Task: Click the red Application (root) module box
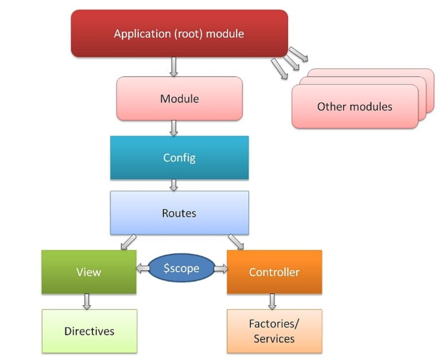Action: click(x=179, y=34)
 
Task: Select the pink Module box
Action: click(x=179, y=98)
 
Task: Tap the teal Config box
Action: click(x=179, y=158)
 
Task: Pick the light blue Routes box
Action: click(x=179, y=213)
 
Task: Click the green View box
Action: click(x=89, y=272)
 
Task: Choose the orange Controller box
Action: click(x=274, y=272)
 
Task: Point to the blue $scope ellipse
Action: click(x=181, y=268)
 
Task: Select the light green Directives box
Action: click(x=89, y=331)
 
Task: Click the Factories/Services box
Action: click(x=274, y=331)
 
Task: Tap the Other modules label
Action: click(x=354, y=107)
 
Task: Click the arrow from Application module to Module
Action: click(x=174, y=67)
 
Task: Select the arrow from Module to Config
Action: click(x=174, y=127)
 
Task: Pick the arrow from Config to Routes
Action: click(x=174, y=185)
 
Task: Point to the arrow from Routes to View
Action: click(x=128, y=242)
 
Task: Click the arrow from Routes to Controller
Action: click(x=236, y=242)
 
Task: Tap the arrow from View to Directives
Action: click(x=87, y=301)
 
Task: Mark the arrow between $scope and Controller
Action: click(x=221, y=269)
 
